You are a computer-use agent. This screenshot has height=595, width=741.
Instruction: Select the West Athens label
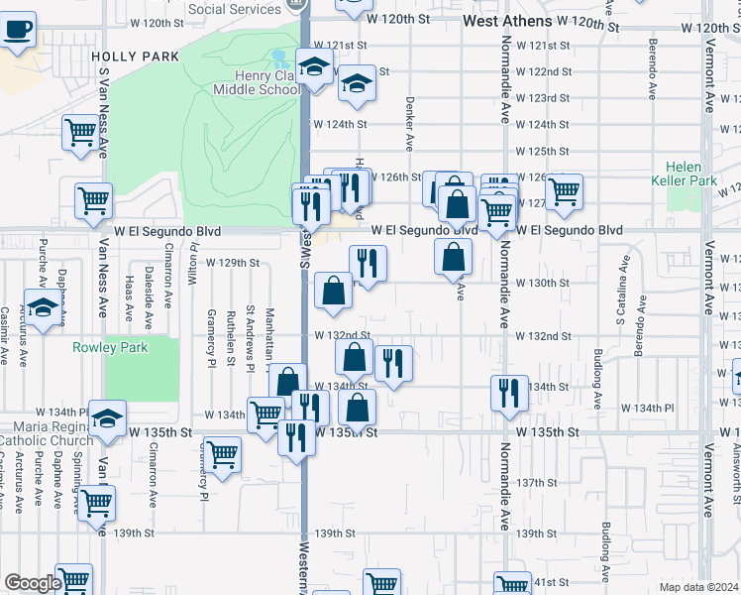[506, 21]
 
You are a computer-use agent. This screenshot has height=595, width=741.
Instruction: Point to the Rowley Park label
[110, 348]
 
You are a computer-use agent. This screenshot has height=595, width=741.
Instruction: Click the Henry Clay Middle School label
[257, 82]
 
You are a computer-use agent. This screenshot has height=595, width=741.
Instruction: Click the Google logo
[33, 583]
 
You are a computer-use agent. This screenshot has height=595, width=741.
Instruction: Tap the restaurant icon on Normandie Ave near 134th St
[509, 392]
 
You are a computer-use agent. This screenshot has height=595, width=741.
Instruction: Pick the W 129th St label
[233, 263]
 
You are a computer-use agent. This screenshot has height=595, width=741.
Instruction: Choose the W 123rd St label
[543, 98]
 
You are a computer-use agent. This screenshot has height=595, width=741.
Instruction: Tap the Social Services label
[234, 8]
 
